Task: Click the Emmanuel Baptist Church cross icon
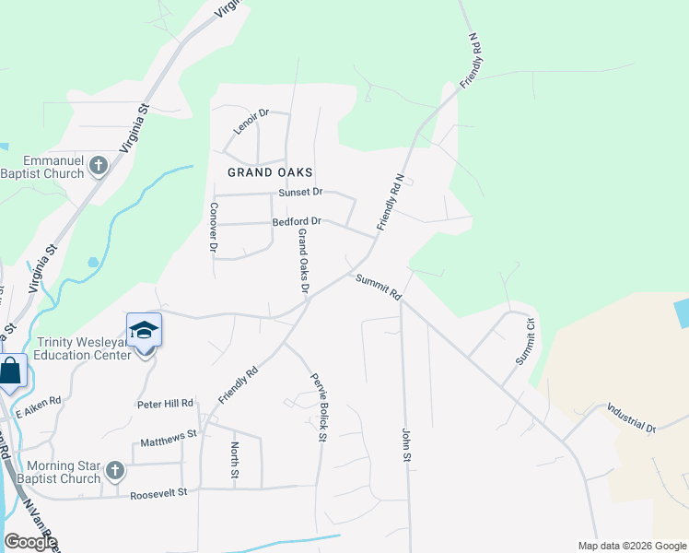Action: [x=99, y=166]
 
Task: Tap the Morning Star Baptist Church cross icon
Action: [x=114, y=472]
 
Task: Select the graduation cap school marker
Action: [x=145, y=330]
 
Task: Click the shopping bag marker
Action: [x=10, y=371]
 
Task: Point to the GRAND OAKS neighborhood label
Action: [x=271, y=172]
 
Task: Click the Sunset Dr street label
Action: [x=300, y=193]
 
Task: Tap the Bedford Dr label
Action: [x=296, y=221]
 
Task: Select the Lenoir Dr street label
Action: [x=250, y=122]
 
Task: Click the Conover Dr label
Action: [x=214, y=228]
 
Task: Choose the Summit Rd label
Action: [x=380, y=288]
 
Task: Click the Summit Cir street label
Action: [x=526, y=341]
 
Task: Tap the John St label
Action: [x=405, y=445]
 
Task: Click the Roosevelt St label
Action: [x=158, y=493]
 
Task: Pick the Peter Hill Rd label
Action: [x=165, y=404]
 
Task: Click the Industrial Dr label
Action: [x=630, y=418]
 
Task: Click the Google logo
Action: [x=30, y=542]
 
